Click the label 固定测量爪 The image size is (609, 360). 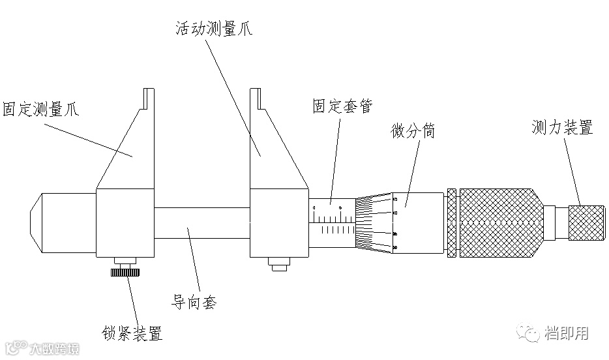pos(40,108)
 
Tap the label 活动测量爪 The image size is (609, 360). pos(213,29)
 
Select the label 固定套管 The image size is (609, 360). pos(342,105)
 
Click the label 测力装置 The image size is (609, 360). pos(562,128)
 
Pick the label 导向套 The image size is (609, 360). pos(194,302)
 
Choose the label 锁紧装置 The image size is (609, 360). pos(132,334)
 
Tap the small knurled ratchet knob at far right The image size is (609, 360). pos(586,222)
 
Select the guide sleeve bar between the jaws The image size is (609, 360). pos(203,222)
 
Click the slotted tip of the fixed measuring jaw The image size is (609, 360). pos(149,98)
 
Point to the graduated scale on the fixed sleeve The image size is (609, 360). pos(332,224)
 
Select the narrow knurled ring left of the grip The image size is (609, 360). pos(451,223)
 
